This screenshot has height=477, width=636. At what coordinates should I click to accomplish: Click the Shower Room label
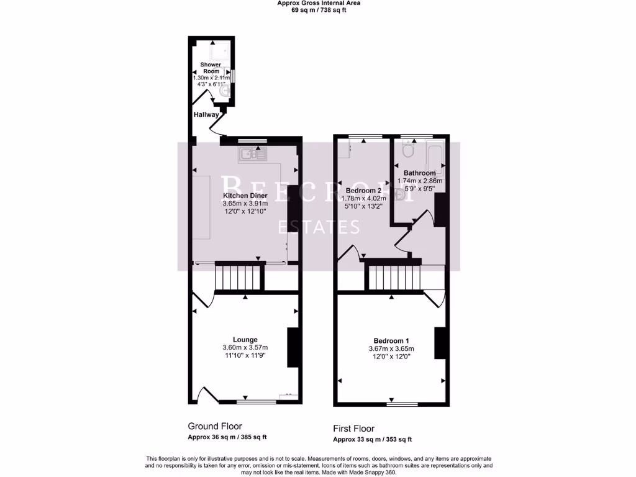coord(210,68)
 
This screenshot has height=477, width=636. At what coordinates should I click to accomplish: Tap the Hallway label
coord(206,115)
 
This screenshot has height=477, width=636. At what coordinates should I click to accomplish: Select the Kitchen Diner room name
coord(246,196)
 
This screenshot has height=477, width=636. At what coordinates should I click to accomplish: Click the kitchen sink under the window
coord(252,153)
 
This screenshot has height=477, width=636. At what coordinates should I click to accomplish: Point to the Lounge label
coord(245,340)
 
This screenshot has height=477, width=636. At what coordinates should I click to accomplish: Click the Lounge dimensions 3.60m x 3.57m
coord(245,348)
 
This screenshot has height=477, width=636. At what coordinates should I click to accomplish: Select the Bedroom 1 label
coord(391,340)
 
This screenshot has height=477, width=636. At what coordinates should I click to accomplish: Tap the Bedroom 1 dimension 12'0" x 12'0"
coord(391,357)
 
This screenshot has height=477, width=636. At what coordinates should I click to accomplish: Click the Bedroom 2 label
coord(363,190)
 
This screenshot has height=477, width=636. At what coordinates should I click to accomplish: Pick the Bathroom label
coord(419,173)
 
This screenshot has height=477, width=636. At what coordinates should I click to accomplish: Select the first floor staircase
coord(393,276)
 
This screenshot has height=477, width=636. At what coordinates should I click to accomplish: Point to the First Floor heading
coord(355,429)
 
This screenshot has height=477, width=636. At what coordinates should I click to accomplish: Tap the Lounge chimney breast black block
coord(291,348)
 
